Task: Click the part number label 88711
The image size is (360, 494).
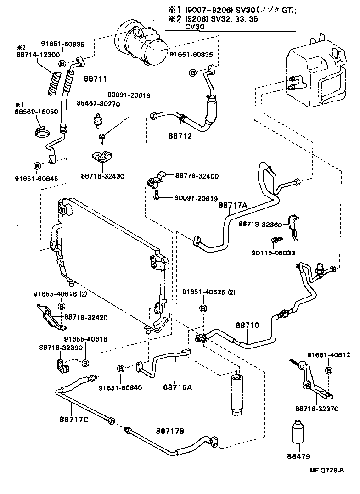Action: [95, 79]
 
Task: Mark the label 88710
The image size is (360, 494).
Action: [247, 325]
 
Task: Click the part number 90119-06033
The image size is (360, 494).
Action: [273, 253]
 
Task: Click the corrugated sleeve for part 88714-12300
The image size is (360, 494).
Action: [54, 83]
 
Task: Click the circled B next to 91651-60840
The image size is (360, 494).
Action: [121, 369]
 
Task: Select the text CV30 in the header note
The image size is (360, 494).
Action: [195, 27]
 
